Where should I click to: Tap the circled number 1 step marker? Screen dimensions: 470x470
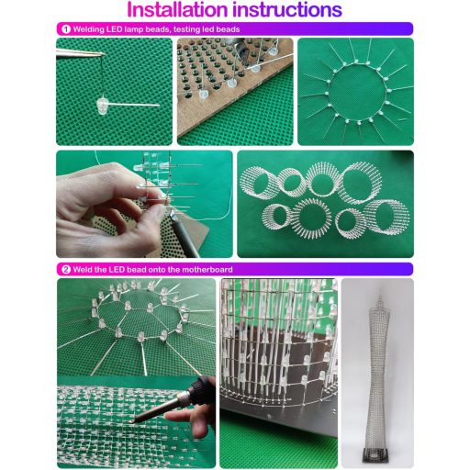pos(65,29)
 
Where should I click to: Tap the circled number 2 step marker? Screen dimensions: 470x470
pos(65,269)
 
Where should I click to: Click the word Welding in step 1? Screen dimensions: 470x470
pos(90,29)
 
